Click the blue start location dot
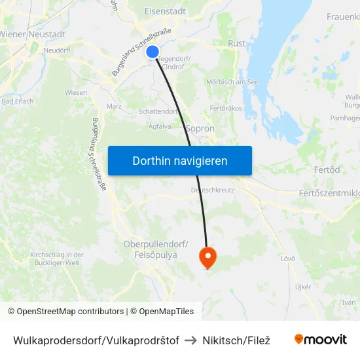[x=153, y=52]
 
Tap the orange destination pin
[x=207, y=257]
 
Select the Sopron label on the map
[x=200, y=129]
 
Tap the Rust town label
[x=236, y=43]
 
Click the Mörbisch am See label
[x=232, y=82]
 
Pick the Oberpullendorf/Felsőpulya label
[x=156, y=249]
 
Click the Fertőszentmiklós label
[x=329, y=193]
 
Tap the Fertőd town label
[x=327, y=170]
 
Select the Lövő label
[x=288, y=259]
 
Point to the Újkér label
[x=302, y=287]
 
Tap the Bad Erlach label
[x=18, y=101]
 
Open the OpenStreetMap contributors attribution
[x=65, y=312]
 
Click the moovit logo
[x=320, y=340]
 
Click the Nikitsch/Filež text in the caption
[x=236, y=340]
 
